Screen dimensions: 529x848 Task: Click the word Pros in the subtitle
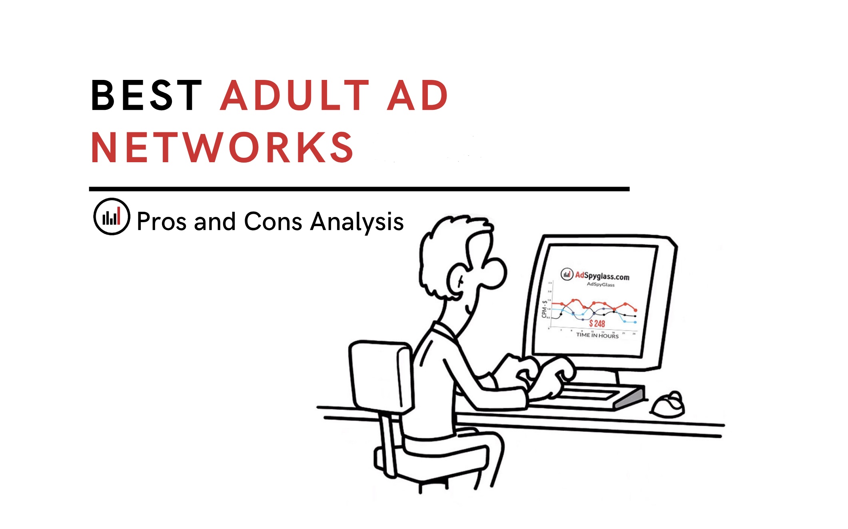(x=162, y=222)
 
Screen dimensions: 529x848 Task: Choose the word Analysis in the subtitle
(x=357, y=222)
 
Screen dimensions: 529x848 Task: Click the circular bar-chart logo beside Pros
(x=112, y=217)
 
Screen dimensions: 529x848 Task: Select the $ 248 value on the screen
(x=597, y=324)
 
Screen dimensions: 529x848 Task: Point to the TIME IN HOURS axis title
(x=597, y=336)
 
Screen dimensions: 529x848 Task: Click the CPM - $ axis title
(x=544, y=309)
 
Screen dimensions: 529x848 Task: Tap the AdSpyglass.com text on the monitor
(x=602, y=276)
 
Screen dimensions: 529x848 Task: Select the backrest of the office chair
(x=380, y=376)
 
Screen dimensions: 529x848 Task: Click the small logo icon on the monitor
(x=567, y=274)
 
